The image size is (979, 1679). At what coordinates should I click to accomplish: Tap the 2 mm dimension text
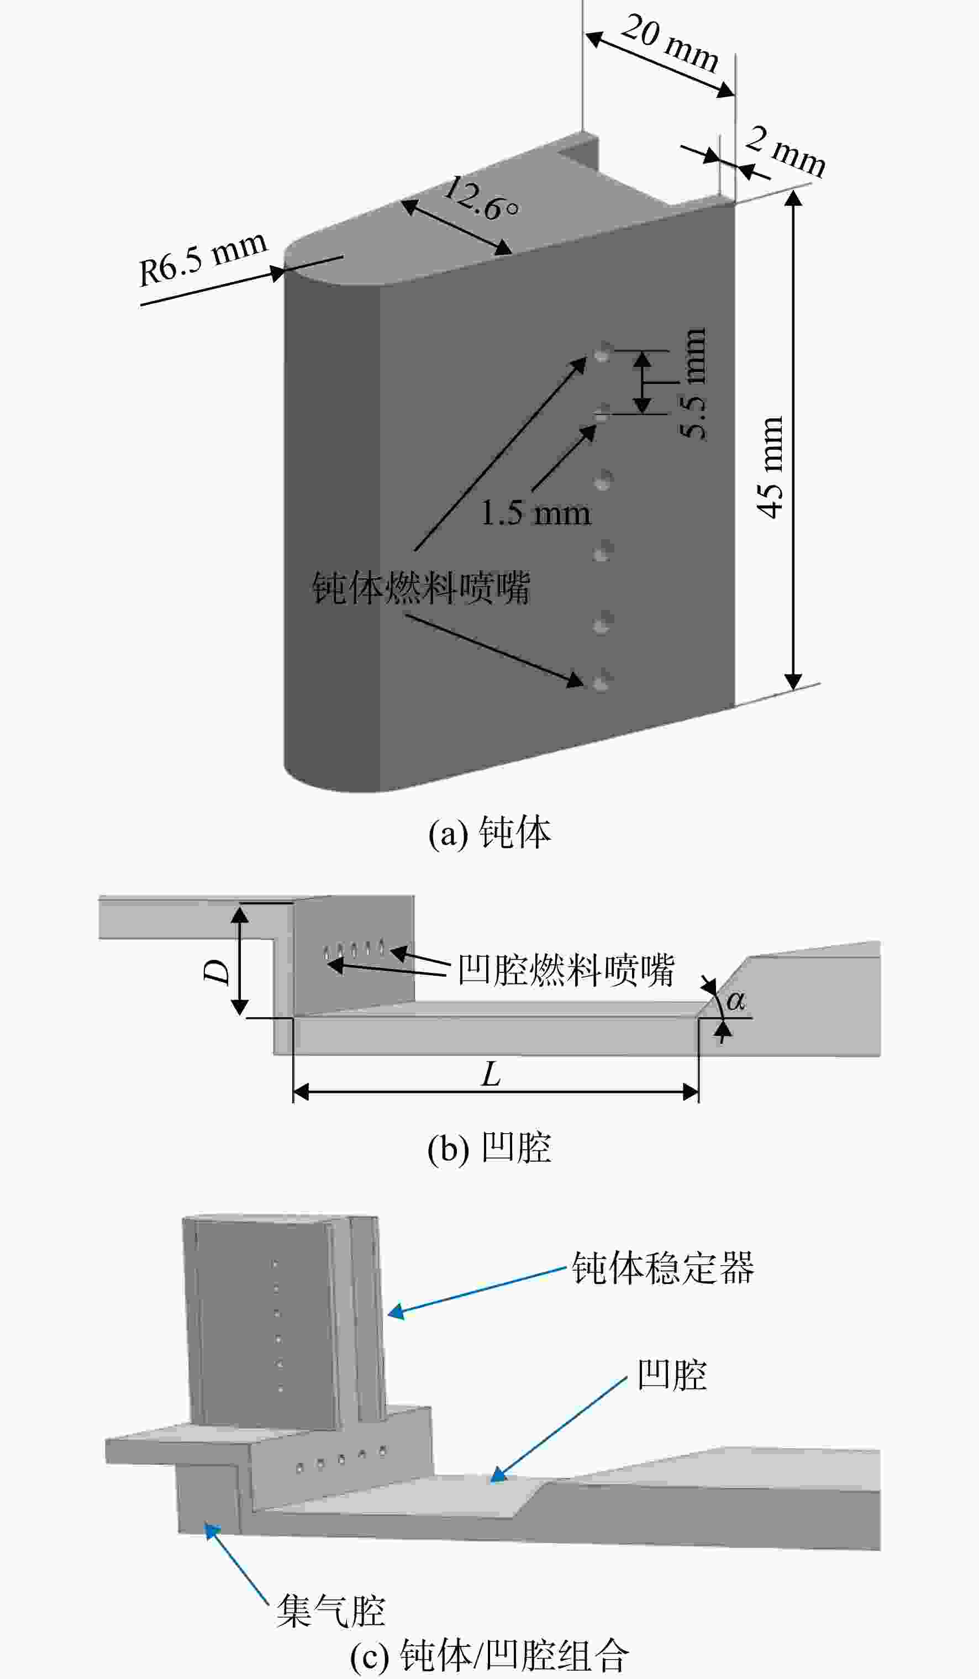(785, 151)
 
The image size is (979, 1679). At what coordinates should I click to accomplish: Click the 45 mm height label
(770, 467)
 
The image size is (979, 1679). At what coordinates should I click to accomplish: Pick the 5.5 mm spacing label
(693, 383)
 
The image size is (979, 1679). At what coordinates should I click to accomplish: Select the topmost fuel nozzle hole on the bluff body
(602, 352)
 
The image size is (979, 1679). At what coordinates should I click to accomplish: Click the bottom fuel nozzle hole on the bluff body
(602, 682)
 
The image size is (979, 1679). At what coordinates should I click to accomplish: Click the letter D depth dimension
(216, 973)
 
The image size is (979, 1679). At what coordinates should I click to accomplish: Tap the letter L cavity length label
(491, 1074)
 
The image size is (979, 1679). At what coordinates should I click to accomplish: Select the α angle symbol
(735, 1001)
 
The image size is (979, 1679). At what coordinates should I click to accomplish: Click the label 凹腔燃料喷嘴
(566, 970)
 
